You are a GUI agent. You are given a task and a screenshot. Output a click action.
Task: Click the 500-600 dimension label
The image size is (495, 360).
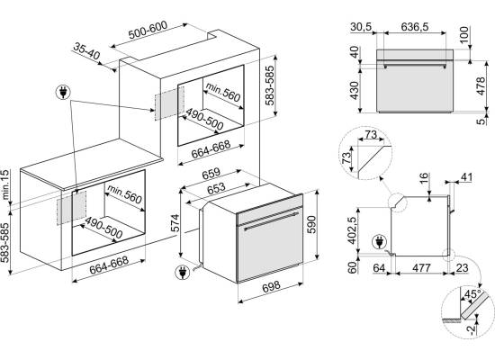[x=148, y=30]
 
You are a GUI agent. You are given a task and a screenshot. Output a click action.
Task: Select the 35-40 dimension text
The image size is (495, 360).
[x=86, y=51]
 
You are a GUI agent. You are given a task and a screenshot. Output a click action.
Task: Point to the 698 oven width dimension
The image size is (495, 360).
[x=271, y=286]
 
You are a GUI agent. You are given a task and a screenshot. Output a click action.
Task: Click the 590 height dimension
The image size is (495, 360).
[x=311, y=224]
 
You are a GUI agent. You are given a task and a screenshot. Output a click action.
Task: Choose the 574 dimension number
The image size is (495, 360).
[x=175, y=223]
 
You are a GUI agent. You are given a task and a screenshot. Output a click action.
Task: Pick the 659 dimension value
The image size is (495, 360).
[x=211, y=174]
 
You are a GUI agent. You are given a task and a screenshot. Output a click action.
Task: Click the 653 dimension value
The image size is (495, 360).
[x=216, y=188]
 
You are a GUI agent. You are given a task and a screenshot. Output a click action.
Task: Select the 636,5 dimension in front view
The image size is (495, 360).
[x=415, y=27]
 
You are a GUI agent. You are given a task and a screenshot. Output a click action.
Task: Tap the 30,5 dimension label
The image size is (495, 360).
[x=361, y=27]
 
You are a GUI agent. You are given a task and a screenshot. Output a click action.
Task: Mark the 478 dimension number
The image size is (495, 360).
[x=481, y=85]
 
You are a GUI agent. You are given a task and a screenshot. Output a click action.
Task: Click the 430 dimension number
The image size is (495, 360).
[x=355, y=90]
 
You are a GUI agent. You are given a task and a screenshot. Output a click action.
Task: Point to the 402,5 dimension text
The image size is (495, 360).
[x=352, y=230]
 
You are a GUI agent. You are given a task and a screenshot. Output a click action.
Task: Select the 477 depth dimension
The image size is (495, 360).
[x=422, y=268]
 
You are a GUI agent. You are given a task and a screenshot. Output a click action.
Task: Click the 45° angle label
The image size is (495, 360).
[x=472, y=294]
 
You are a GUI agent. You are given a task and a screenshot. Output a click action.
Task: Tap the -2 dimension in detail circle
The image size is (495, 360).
[x=471, y=329]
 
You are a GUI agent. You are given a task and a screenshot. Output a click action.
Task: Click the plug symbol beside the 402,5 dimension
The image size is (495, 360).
[x=379, y=242]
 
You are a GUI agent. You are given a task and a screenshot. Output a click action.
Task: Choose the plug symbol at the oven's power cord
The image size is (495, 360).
[x=183, y=273]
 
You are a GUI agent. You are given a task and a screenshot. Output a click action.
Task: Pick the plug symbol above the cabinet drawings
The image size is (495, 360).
[x=63, y=92]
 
